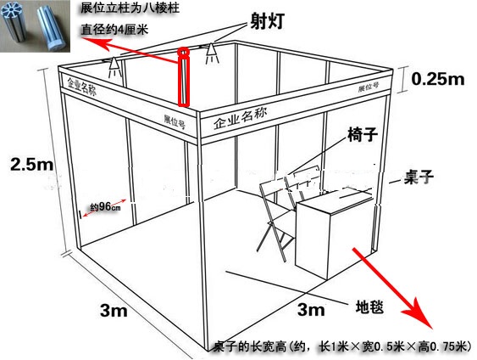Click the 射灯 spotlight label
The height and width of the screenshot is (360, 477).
tap(268, 21)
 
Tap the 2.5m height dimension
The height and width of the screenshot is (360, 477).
tap(32, 165)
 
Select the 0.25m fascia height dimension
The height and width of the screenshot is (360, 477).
tap(438, 79)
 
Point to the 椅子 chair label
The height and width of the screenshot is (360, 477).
tap(363, 134)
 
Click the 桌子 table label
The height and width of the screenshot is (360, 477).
tap(419, 177)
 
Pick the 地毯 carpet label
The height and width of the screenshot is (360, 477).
tap(369, 307)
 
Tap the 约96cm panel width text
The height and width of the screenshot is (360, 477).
tap(105, 206)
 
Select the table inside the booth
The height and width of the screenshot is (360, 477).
tap(333, 232)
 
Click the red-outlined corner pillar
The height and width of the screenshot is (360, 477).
tap(184, 78)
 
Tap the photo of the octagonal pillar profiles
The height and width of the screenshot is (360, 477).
tap(35, 26)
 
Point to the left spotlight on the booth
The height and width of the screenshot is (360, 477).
tap(114, 66)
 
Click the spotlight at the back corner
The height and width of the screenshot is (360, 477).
tap(211, 53)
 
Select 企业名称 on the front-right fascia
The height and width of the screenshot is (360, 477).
tap(241, 119)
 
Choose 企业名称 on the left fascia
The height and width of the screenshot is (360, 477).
tap(81, 87)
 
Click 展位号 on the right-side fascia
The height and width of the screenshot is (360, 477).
tap(369, 87)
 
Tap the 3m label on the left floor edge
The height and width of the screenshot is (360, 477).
tap(114, 311)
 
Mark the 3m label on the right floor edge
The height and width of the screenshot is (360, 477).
tap(311, 309)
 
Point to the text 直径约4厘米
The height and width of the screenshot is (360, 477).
tap(114, 30)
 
